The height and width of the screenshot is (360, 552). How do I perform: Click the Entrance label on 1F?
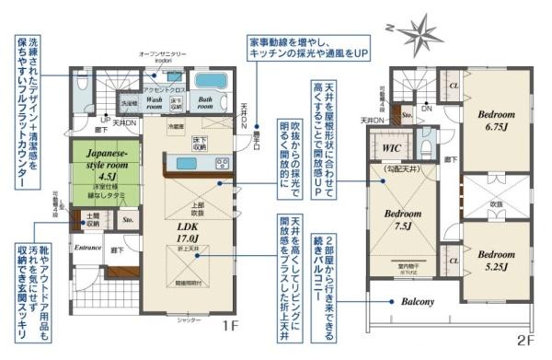click(x=87, y=248)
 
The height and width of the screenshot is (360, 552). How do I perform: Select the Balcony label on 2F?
click(x=409, y=303)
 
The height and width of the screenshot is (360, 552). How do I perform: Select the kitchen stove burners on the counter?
click(x=222, y=164)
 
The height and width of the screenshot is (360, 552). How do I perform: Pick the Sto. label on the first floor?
click(x=127, y=221)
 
